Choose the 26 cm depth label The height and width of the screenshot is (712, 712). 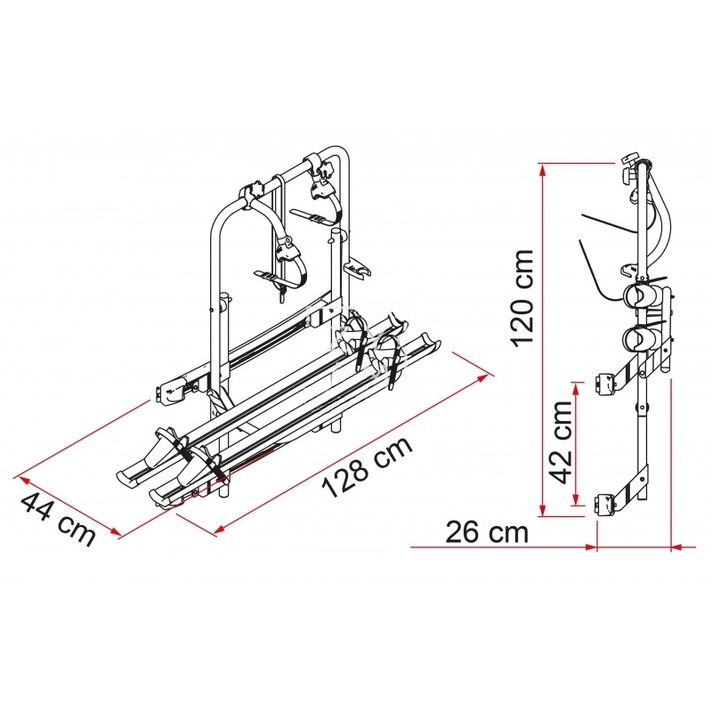click(x=487, y=531)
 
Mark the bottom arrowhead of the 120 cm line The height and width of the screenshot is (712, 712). click(x=542, y=510)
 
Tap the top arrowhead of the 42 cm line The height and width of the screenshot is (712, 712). click(x=577, y=388)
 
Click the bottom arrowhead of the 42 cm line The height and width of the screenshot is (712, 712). click(x=577, y=498)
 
